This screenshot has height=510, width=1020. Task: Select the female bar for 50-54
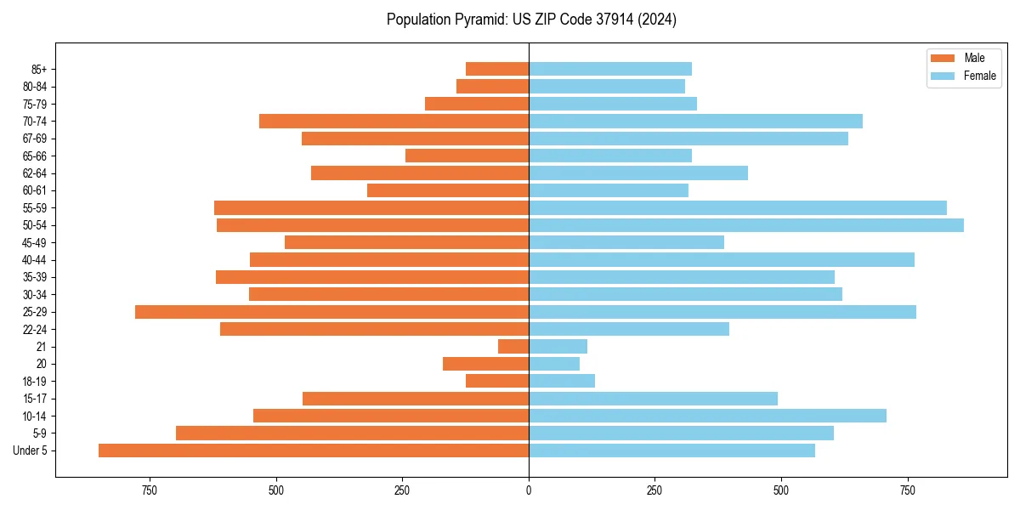pyautogui.click(x=745, y=225)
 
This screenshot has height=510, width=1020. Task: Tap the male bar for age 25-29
pyautogui.click(x=331, y=312)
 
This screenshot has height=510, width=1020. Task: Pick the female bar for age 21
pyautogui.click(x=558, y=347)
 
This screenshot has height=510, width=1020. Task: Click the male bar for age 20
pyautogui.click(x=485, y=364)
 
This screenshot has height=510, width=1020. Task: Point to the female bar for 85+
pyautogui.click(x=609, y=69)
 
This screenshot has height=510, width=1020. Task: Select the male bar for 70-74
pyautogui.click(x=394, y=121)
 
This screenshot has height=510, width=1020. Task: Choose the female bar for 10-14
pyautogui.click(x=707, y=416)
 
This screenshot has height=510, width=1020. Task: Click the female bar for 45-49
pyautogui.click(x=626, y=242)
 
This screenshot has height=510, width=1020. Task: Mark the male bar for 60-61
pyautogui.click(x=447, y=190)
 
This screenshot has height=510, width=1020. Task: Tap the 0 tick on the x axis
pyautogui.click(x=529, y=490)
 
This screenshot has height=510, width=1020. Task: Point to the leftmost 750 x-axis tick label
pyautogui.click(x=150, y=490)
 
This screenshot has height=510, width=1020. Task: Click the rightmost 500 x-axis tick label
pyautogui.click(x=781, y=490)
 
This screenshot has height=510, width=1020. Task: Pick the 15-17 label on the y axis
pyautogui.click(x=35, y=399)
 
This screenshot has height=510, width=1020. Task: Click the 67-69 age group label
pyautogui.click(x=35, y=139)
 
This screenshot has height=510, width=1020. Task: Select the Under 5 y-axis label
pyautogui.click(x=31, y=450)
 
